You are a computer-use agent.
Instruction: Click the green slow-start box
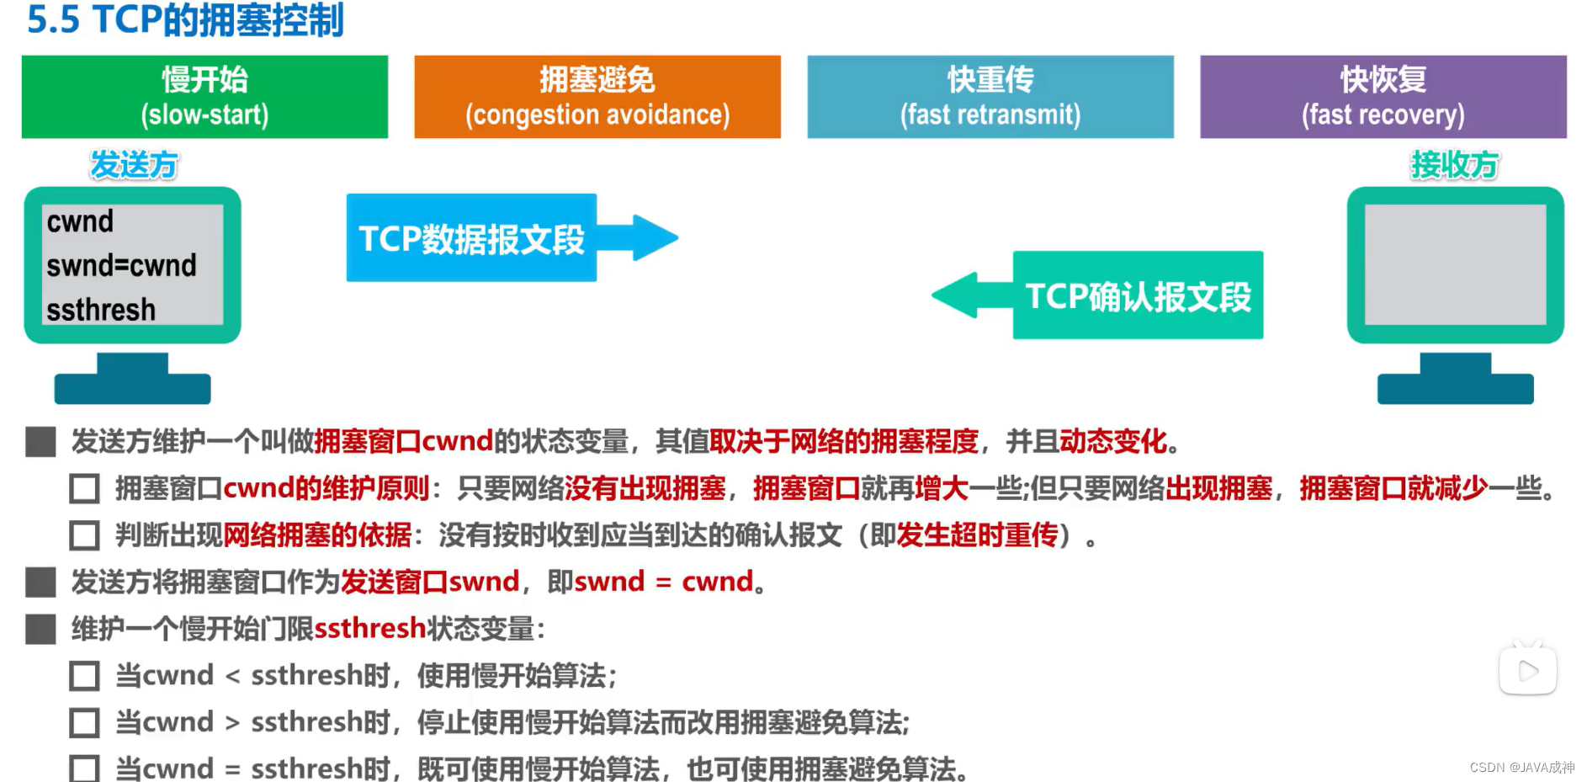click(204, 97)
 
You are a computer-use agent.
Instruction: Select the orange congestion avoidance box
click(597, 97)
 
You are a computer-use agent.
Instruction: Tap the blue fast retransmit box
click(990, 97)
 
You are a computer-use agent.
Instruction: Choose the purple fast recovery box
click(1383, 97)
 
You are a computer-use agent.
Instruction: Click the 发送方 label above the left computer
click(134, 165)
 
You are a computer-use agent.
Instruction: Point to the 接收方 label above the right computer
click(1455, 165)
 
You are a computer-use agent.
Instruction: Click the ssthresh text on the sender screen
click(101, 310)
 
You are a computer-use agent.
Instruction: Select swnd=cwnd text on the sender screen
click(121, 265)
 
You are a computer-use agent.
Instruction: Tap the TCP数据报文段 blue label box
click(471, 238)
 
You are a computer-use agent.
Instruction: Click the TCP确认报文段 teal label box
click(1138, 295)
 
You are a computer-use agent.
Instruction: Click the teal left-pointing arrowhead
click(959, 295)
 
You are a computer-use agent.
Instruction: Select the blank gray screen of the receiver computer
click(1455, 264)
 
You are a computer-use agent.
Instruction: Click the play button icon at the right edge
click(1527, 671)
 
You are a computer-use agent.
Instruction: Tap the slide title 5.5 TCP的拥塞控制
click(185, 20)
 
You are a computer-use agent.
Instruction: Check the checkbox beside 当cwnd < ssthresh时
click(84, 676)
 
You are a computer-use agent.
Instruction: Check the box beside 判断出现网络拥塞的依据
click(84, 535)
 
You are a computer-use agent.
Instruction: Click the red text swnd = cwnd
click(664, 582)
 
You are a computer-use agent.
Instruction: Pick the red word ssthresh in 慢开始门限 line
click(370, 629)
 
